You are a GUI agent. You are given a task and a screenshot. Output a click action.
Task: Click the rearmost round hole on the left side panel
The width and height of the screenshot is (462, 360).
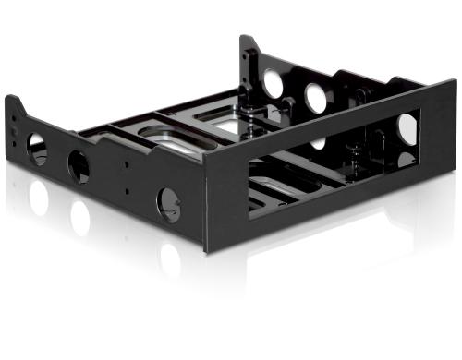(38, 149)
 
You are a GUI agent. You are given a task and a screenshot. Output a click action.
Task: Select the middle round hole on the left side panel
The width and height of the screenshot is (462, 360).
(79, 167)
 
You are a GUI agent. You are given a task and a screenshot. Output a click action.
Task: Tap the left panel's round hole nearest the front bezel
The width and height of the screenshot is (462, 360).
(168, 202)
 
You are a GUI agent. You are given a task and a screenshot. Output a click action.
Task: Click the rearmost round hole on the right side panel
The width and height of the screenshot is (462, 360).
(274, 83)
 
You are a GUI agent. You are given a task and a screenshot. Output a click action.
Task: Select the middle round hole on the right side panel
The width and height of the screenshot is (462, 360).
(316, 97)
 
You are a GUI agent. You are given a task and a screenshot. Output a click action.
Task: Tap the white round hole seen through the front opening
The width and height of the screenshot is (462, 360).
(407, 129)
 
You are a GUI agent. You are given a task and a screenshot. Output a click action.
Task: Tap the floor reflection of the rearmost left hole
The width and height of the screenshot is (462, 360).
(39, 197)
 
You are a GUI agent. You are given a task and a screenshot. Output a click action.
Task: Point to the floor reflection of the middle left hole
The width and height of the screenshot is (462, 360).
(80, 218)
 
